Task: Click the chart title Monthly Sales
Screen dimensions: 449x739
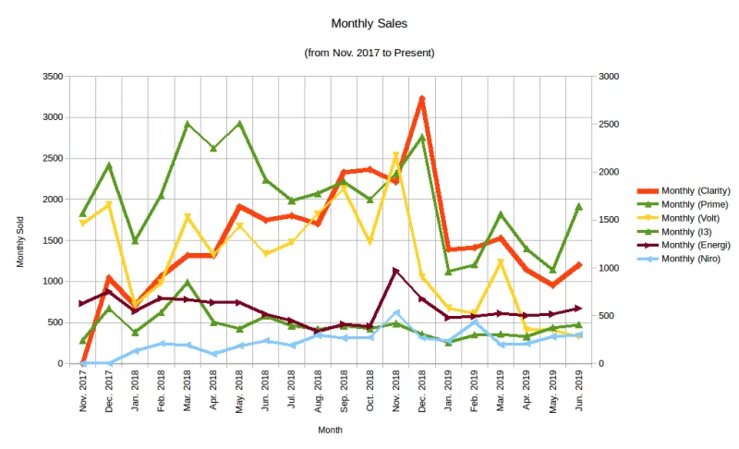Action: (x=369, y=23)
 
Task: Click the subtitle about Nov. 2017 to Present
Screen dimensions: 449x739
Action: (x=369, y=53)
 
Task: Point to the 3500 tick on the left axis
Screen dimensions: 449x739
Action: (x=51, y=77)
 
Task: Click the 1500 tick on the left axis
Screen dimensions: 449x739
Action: (x=51, y=240)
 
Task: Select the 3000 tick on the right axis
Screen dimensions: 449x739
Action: (x=610, y=77)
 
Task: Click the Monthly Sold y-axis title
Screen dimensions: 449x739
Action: (x=20, y=243)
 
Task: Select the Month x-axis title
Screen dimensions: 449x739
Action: (x=331, y=430)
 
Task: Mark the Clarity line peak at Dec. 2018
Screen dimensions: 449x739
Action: (x=422, y=98)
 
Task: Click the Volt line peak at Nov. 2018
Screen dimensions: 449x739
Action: (x=396, y=156)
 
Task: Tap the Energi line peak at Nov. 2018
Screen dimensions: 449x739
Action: (x=396, y=271)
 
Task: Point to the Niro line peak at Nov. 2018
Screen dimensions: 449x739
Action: (x=396, y=313)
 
